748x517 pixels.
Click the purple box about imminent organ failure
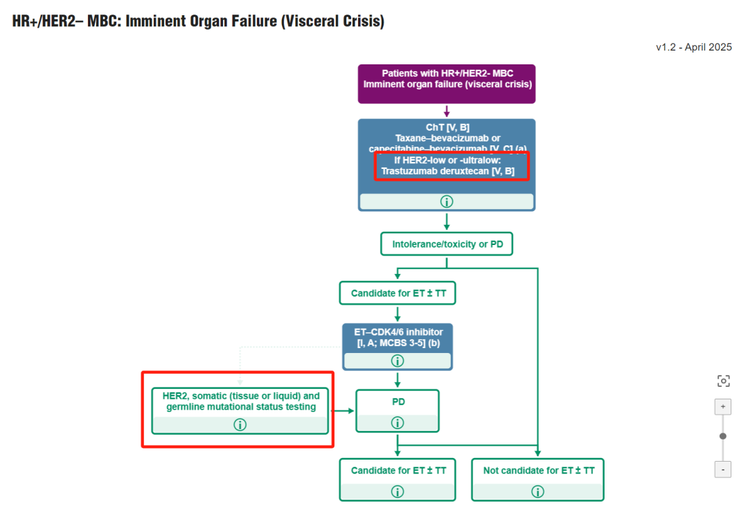[x=447, y=84]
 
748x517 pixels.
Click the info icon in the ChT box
[x=447, y=201]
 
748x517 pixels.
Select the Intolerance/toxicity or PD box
[x=447, y=244]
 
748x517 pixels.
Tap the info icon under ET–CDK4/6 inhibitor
[x=398, y=361]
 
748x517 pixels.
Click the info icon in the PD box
[x=398, y=423]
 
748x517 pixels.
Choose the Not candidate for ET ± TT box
[x=538, y=471]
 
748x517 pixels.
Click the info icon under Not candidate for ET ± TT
[x=538, y=491]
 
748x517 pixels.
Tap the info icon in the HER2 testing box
[x=240, y=425]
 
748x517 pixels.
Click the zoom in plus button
[x=722, y=407]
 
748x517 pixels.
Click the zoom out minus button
[x=722, y=469]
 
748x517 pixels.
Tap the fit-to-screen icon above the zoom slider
[x=723, y=381]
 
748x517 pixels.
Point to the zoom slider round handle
[x=723, y=436]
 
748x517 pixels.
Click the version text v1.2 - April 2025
[x=694, y=48]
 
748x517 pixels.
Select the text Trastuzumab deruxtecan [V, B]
[x=448, y=171]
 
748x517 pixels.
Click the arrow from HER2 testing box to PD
[x=341, y=410]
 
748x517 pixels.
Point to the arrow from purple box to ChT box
[x=447, y=111]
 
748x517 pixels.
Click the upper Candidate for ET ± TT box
[x=398, y=293]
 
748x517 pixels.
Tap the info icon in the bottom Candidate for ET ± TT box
[x=398, y=491]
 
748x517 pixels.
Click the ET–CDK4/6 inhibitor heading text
[x=398, y=333]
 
